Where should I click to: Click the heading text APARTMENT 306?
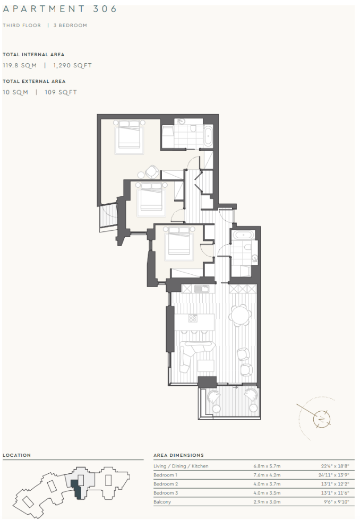pyautogui.click(x=59, y=9)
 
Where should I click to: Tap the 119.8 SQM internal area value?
pyautogui.click(x=20, y=65)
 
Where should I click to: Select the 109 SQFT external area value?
pyautogui.click(x=61, y=92)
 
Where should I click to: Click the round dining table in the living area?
pyautogui.click(x=239, y=315)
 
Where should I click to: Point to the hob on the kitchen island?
pyautogui.click(x=193, y=318)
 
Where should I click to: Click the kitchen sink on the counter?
pyautogui.click(x=201, y=289)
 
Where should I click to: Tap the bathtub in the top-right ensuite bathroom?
pyautogui.click(x=208, y=136)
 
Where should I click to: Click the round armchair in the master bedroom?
pyautogui.click(x=152, y=172)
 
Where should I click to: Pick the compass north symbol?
pyautogui.click(x=322, y=419)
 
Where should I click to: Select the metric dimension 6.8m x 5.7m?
pyautogui.click(x=267, y=466)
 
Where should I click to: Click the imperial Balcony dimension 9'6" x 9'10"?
pyautogui.click(x=337, y=502)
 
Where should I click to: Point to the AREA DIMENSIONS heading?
pyautogui.click(x=178, y=455)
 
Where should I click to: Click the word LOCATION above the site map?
pyautogui.click(x=16, y=455)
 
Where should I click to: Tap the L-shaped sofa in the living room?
pyautogui.click(x=195, y=357)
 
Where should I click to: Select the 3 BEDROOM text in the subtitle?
pyautogui.click(x=70, y=25)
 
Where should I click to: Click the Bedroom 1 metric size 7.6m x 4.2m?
pyautogui.click(x=267, y=475)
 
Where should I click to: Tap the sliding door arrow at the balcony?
pyautogui.click(x=235, y=387)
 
